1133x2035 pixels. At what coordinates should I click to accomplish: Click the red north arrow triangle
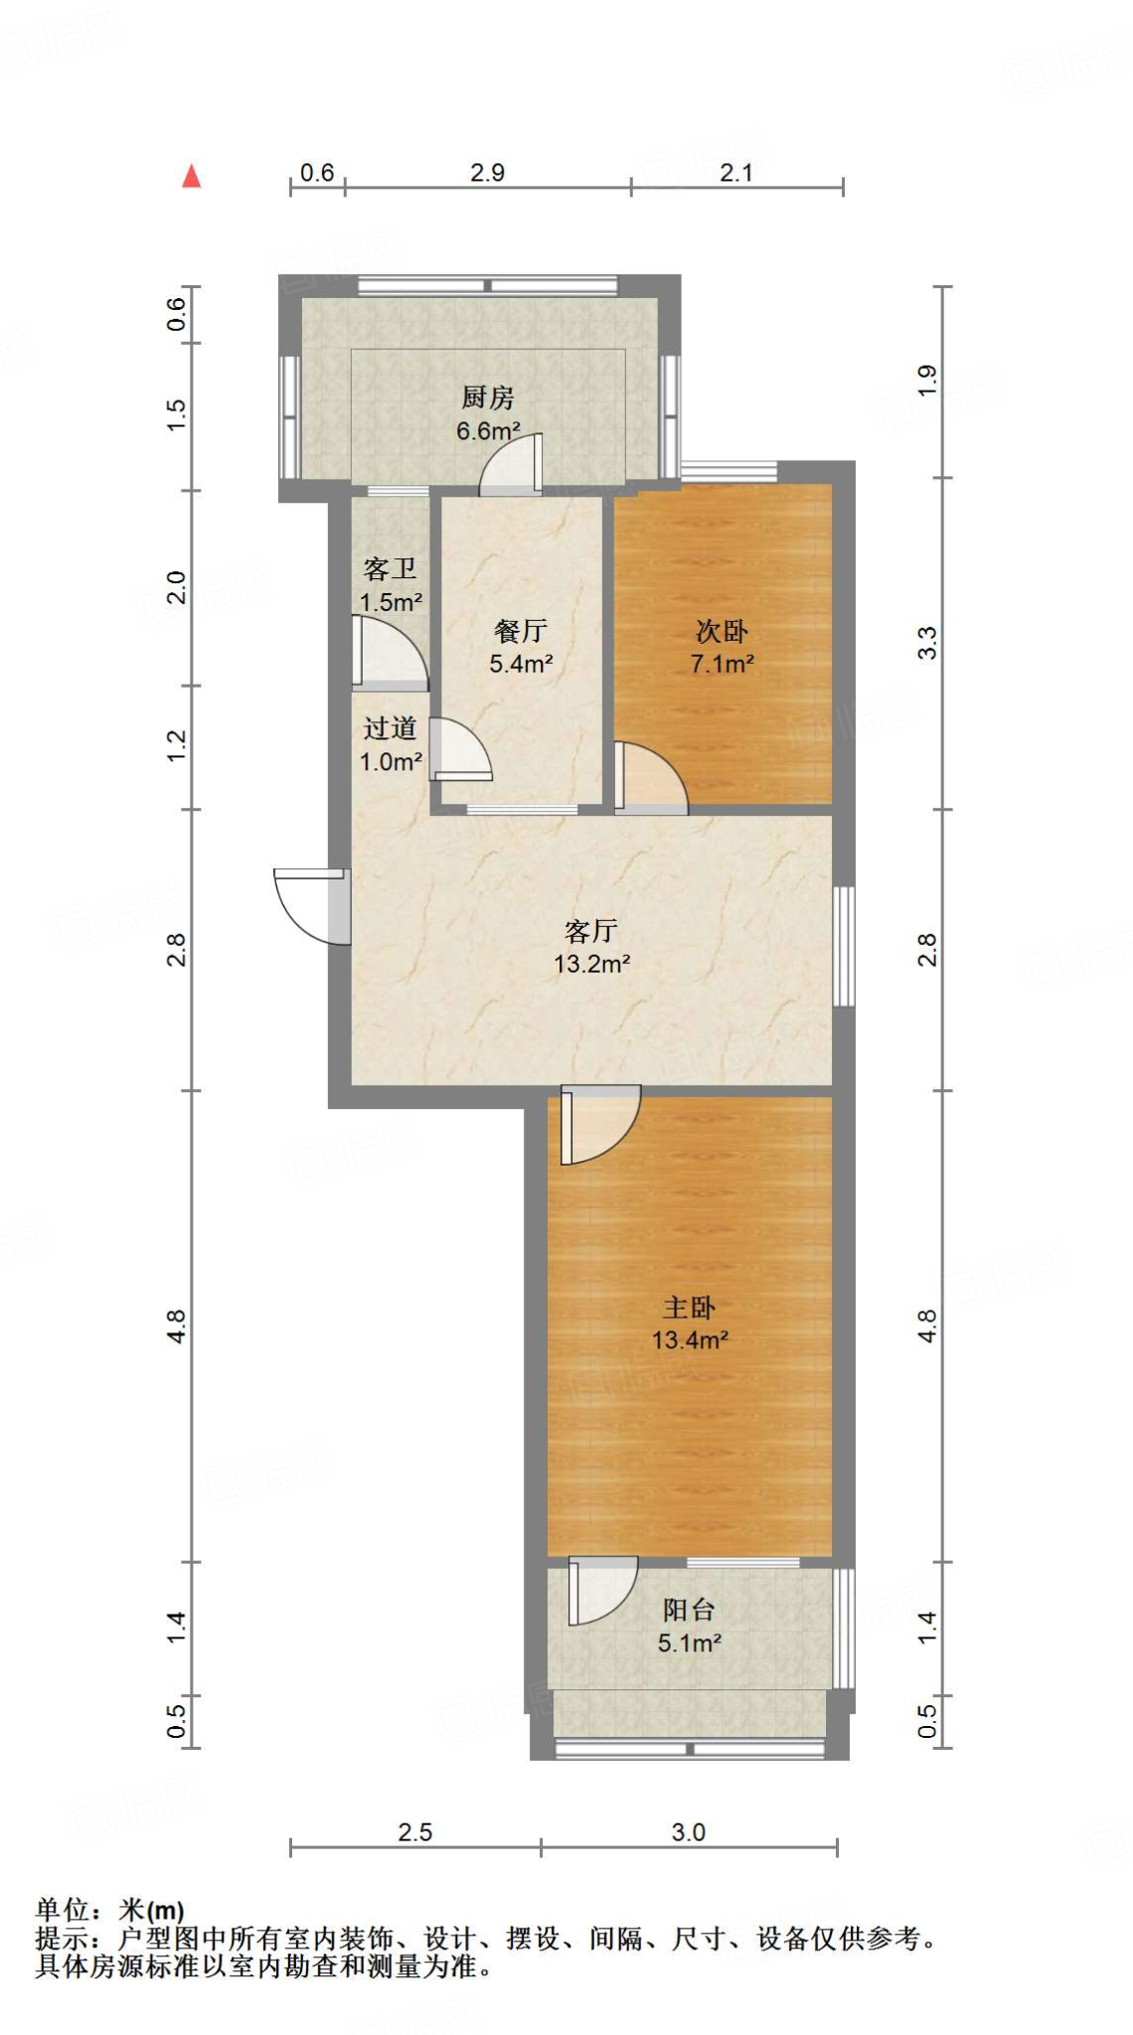pos(192,178)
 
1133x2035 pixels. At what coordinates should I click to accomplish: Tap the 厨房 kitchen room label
pos(488,397)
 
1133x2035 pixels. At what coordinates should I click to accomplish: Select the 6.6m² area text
pos(488,431)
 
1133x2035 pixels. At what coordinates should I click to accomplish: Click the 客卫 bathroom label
pos(390,568)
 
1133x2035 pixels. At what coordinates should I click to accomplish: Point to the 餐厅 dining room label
pos(521,630)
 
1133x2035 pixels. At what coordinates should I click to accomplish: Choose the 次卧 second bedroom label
pos(722,630)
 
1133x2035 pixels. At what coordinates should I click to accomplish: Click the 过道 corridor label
pos(390,728)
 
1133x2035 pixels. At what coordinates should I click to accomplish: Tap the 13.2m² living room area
pos(592,963)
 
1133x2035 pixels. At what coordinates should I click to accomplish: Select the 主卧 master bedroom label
pos(690,1307)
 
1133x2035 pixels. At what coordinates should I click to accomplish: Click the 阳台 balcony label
pos(689,1610)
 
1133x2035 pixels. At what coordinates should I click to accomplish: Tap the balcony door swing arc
pos(603,1590)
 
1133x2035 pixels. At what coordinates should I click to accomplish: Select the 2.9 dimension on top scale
pos(488,173)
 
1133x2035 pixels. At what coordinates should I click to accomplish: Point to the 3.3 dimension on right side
pos(926,643)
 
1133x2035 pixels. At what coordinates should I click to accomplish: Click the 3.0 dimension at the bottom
pos(688,1832)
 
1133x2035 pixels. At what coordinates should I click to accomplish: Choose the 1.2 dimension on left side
pos(177,746)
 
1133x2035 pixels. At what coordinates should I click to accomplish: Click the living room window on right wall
pos(844,946)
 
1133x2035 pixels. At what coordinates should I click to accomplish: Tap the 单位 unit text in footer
pos(62,1909)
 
